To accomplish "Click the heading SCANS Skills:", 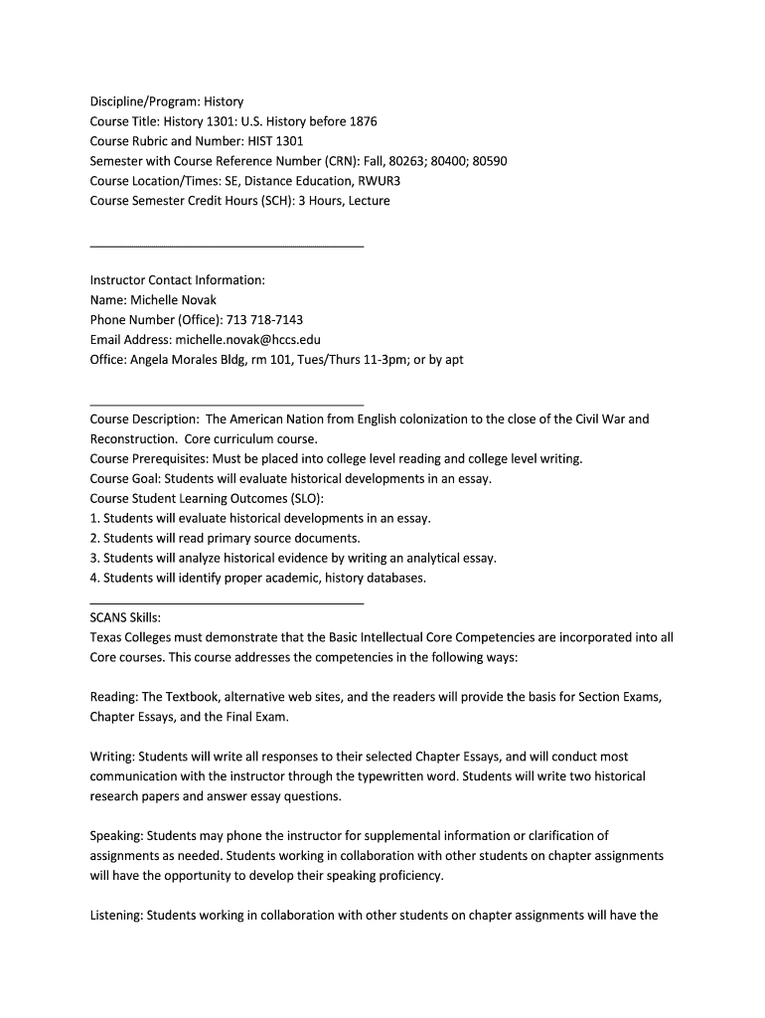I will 125,617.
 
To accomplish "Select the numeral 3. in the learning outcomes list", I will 94,558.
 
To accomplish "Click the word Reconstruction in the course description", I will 133,438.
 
